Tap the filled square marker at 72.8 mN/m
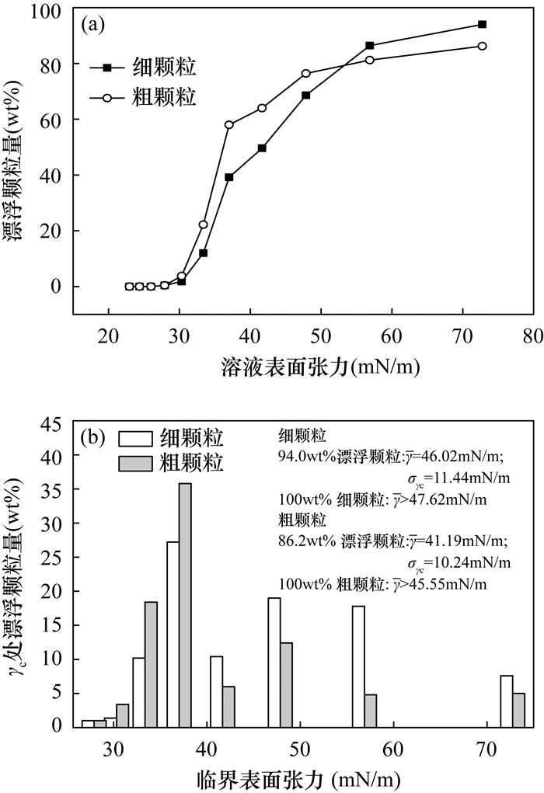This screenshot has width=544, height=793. pos(482,24)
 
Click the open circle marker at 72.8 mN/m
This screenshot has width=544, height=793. pos(482,46)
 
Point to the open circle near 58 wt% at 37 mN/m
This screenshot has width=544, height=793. pos(229,124)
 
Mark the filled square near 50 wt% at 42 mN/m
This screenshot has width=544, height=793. pos(262,148)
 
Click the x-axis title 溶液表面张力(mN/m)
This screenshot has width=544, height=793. pos(302,365)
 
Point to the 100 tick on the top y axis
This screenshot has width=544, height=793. pos(53,10)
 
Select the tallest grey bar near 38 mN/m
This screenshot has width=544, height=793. pos(185,606)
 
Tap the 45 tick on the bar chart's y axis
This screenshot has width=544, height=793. pos(53,424)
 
